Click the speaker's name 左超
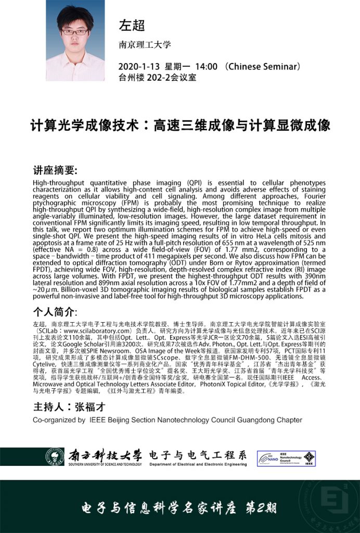coord(132,24)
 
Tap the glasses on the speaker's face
coord(74,32)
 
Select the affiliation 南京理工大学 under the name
coord(145,45)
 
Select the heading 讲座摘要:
coord(55,171)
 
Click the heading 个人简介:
coord(55,312)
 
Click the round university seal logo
coord(55,456)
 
